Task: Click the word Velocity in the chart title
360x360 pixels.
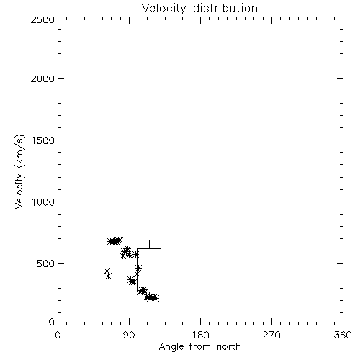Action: pos(164,9)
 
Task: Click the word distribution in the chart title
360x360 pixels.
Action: pos(225,8)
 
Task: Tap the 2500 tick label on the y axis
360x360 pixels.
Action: pos(42,19)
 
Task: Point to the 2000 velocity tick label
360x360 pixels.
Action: pos(42,78)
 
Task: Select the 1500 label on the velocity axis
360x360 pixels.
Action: pos(43,140)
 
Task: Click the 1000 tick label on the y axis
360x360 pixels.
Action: pos(43,202)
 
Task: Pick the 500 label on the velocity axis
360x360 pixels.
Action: pos(46,264)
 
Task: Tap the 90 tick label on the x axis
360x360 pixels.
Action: pos(130,335)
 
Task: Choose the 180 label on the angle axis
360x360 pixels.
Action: pos(200,335)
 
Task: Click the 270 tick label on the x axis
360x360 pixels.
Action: pos(271,335)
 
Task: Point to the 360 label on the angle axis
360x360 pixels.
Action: pos(343,335)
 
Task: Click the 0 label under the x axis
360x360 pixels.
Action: pos(58,335)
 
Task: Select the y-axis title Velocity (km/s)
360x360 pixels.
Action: pos(19,171)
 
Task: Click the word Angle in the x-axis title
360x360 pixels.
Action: pos(171,347)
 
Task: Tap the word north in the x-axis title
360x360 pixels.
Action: pos(229,346)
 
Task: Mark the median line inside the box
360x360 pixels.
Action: pos(149,274)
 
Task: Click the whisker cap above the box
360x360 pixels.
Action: pos(149,240)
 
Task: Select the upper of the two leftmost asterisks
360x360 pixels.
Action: pos(107,271)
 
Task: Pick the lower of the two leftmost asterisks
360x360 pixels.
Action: pos(109,276)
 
